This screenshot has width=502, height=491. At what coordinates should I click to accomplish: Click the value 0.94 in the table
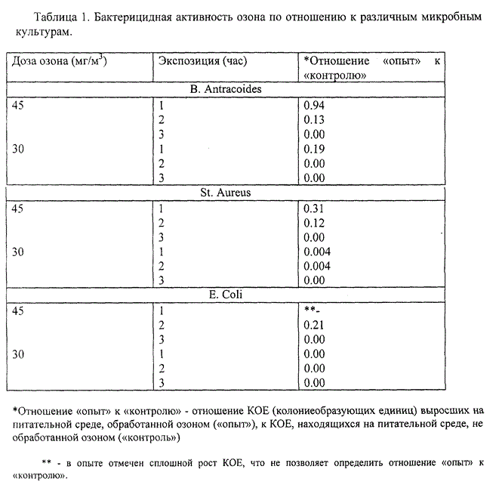tap(313, 106)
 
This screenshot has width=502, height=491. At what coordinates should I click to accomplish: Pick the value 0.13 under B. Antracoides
tap(313, 120)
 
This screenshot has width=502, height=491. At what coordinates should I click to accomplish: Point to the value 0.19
tap(313, 149)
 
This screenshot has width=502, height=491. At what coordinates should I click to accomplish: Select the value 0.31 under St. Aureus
tap(313, 208)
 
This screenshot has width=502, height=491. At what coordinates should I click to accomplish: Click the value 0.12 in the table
tap(313, 223)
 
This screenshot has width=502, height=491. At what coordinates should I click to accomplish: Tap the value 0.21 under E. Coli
tap(313, 326)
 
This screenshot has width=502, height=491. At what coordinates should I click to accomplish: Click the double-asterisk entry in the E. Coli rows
tap(311, 310)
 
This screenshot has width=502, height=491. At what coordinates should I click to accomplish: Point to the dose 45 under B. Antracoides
tap(20, 106)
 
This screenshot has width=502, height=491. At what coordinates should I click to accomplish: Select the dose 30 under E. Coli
tap(20, 354)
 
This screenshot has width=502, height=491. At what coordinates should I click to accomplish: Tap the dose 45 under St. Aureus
tap(20, 208)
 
